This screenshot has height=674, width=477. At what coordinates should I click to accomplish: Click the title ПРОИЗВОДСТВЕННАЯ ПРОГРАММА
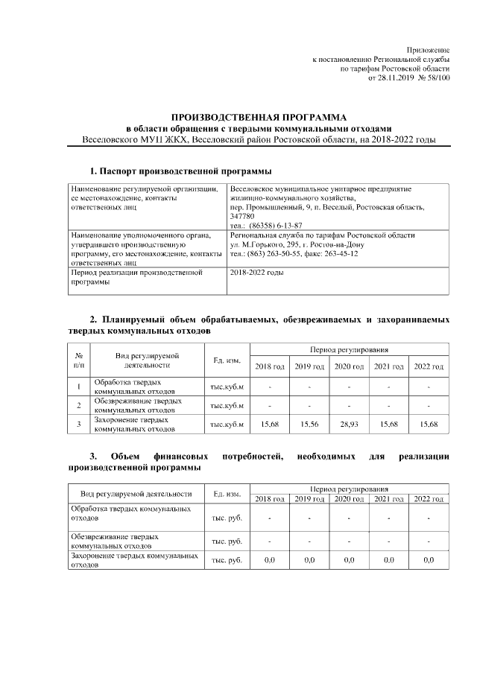click(x=259, y=117)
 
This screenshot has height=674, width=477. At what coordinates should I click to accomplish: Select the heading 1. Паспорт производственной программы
click(x=176, y=171)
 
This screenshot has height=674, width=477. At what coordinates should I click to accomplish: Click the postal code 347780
click(x=242, y=215)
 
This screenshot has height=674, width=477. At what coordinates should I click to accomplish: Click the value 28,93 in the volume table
click(x=349, y=424)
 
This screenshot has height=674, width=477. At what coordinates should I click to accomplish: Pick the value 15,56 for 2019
click(x=309, y=424)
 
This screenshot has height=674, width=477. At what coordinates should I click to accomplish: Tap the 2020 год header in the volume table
click(x=349, y=366)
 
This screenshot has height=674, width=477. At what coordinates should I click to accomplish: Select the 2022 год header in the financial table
click(x=429, y=498)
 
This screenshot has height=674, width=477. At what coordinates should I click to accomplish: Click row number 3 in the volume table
click(x=79, y=424)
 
